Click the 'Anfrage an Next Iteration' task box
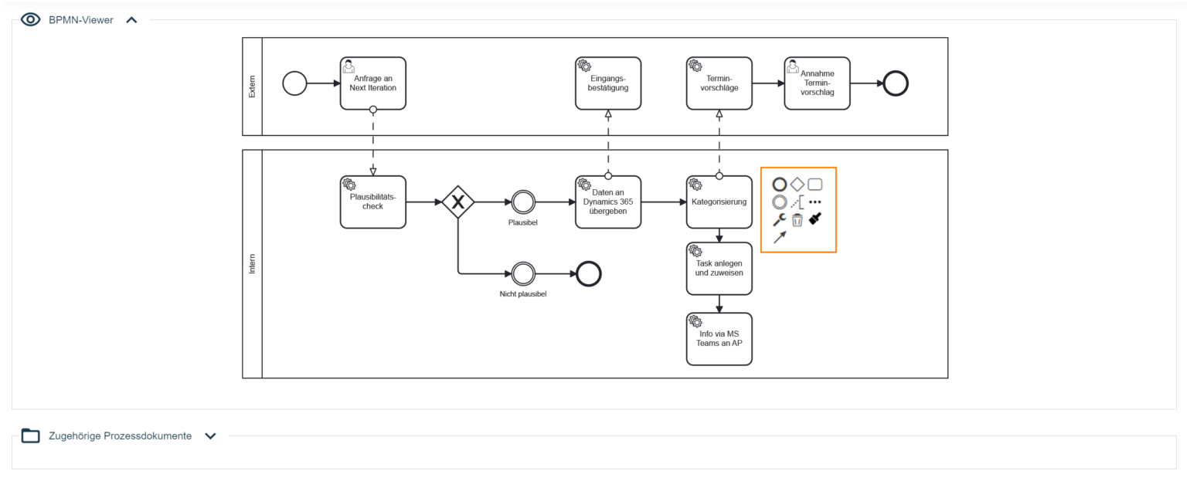(x=372, y=83)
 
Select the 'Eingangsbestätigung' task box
(x=608, y=83)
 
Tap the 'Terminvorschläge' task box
(x=719, y=83)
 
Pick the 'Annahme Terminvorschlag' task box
(x=817, y=83)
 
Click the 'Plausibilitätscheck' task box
(x=372, y=202)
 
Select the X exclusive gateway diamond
(x=458, y=202)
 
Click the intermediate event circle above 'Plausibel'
(x=523, y=202)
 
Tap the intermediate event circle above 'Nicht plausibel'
(x=523, y=273)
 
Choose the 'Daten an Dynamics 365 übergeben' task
(x=608, y=202)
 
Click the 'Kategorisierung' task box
(x=719, y=202)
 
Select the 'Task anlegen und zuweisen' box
(x=719, y=268)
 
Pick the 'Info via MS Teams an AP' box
(x=719, y=338)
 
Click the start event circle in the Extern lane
(x=294, y=83)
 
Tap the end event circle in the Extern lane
(x=896, y=83)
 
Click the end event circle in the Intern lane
(x=589, y=273)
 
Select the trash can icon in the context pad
(x=797, y=220)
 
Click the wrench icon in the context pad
(x=780, y=220)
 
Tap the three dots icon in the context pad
(x=814, y=202)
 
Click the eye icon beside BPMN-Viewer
(x=31, y=20)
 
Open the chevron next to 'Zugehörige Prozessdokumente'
(x=210, y=436)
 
